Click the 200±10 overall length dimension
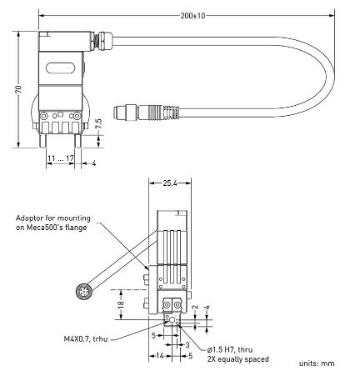click(192, 15)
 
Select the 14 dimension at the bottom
click(157, 355)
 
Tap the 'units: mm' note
click(325, 364)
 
